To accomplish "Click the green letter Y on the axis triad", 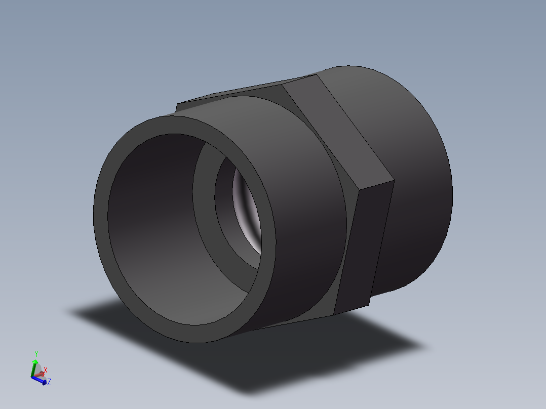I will (36, 353).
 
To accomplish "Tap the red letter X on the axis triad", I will (46, 370).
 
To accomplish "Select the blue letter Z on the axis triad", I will (49, 382).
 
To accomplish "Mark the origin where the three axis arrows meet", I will (33, 377).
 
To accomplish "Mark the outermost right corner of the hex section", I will (394, 181).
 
